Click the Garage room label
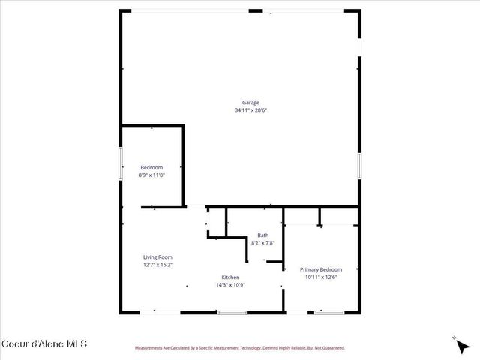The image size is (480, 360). tap(250, 103)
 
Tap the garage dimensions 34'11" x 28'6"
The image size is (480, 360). tap(250, 110)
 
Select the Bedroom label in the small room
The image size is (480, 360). tap(151, 167)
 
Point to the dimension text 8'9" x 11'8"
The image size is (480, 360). tap(151, 175)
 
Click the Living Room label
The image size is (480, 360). tap(157, 257)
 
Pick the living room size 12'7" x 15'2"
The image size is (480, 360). tap(157, 265)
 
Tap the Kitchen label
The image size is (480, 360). tap(230, 277)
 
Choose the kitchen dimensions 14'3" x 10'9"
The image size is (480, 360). tap(230, 285)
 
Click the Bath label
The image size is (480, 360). tap(262, 235)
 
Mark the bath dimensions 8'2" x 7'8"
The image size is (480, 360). tap(262, 243)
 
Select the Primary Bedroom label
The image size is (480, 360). tap(321, 269)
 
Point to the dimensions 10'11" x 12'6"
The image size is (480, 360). tap(321, 277)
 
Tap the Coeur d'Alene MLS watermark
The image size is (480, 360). tap(44, 344)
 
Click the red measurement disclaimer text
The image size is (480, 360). tap(239, 348)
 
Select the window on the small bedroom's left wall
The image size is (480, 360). tap(121, 163)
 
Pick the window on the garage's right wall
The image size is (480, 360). tap(359, 164)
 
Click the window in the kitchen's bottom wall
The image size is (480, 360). tap(232, 312)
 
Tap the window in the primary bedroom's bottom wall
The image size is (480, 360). tap(324, 312)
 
